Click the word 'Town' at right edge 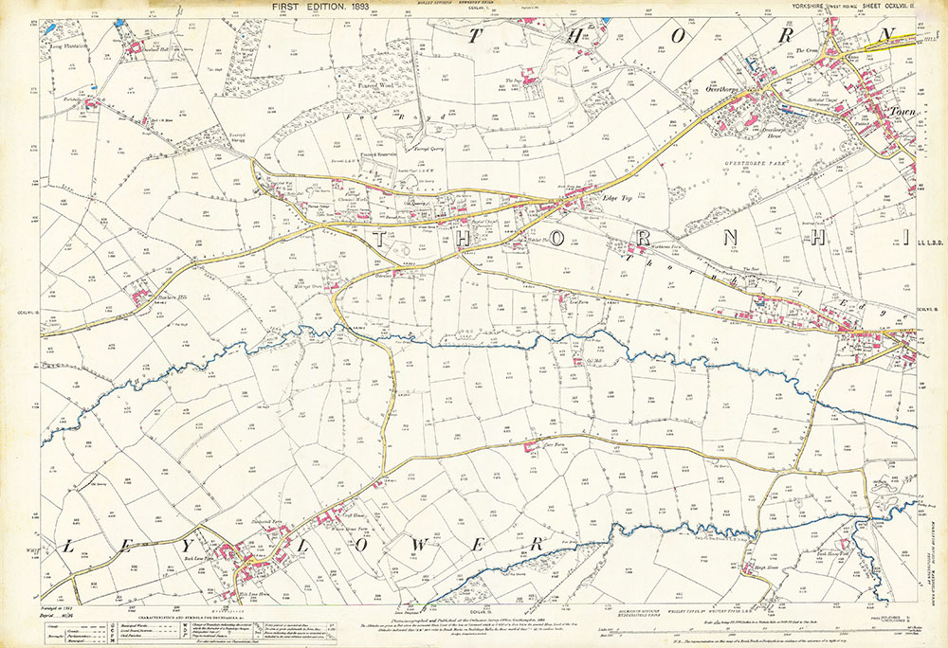point(898,113)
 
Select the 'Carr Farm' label point(553,441)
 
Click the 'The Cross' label point(806,50)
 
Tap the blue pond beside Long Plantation point(119,21)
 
